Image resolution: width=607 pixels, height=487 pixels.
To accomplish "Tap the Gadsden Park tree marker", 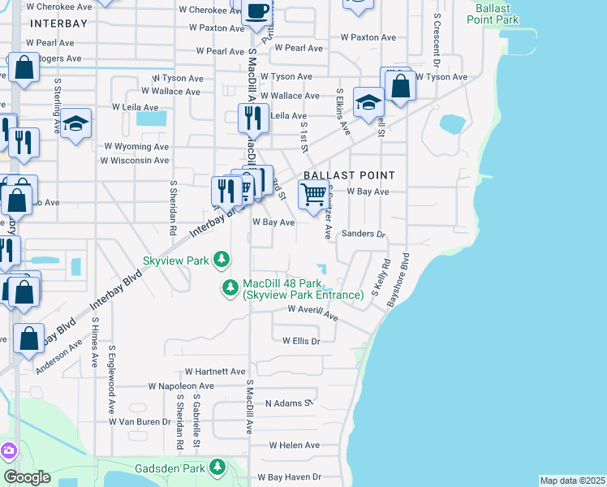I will pyautogui.click(x=217, y=468).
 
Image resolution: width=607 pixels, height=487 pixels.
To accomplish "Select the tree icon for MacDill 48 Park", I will pyautogui.click(x=231, y=287).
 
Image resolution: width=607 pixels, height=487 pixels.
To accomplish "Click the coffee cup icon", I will pyautogui.click(x=257, y=11).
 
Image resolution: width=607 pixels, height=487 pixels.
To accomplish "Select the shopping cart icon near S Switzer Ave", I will pyautogui.click(x=313, y=195).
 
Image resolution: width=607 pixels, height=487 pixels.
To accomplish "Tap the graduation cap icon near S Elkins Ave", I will pyautogui.click(x=368, y=102).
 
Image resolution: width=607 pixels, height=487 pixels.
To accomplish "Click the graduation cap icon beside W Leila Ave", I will pyautogui.click(x=75, y=123).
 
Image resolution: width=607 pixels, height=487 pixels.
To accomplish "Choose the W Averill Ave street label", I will pyautogui.click(x=312, y=313).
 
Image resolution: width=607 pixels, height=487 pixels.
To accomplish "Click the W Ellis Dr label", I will pyautogui.click(x=301, y=341).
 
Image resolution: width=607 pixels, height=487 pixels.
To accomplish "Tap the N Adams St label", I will pyautogui.click(x=289, y=403).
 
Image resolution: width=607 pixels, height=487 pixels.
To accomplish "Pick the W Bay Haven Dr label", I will pyautogui.click(x=289, y=477).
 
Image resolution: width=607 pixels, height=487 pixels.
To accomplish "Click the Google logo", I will pyautogui.click(x=27, y=476).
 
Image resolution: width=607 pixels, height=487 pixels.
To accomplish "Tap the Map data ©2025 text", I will pyautogui.click(x=572, y=481).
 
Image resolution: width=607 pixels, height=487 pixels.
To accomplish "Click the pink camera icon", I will pyautogui.click(x=8, y=450).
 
